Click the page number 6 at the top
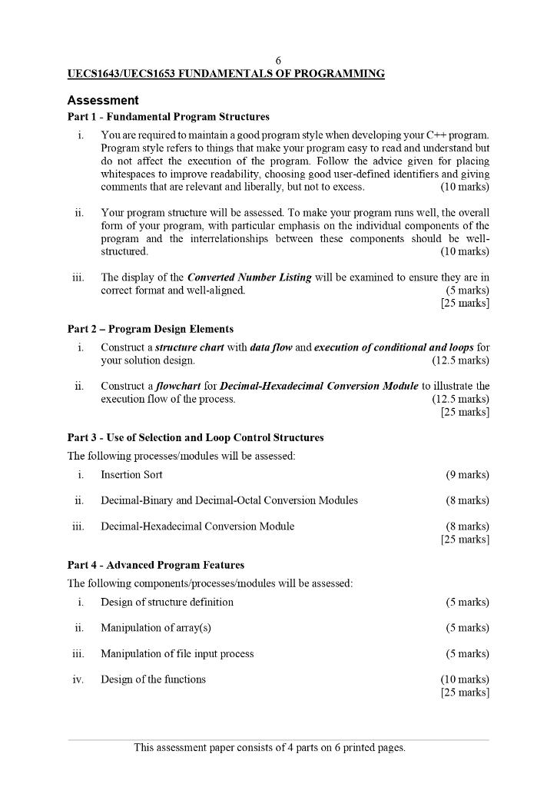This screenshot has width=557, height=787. tap(278, 61)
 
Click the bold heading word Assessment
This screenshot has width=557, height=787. tap(103, 101)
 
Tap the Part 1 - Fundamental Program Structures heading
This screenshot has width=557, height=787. tap(168, 117)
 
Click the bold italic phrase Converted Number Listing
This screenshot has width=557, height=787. tap(249, 277)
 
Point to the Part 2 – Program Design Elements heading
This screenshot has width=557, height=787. tap(151, 329)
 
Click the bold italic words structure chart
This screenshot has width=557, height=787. tap(190, 347)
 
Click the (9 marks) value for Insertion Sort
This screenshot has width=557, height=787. tap(467, 475)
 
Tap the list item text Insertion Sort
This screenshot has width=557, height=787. tap(131, 475)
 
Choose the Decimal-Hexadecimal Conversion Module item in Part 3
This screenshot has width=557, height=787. tap(197, 526)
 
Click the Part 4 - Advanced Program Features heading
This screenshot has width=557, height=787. tap(156, 565)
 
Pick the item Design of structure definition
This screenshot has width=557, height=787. tap(167, 603)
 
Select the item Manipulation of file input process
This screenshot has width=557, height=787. tap(177, 654)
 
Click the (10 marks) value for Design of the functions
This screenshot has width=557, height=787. tap(464, 679)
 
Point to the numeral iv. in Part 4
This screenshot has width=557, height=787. tap(78, 679)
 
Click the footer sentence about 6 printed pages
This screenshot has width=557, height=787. tap(270, 747)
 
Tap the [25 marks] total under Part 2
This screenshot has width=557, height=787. tap(465, 412)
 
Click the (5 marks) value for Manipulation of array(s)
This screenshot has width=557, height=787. tap(467, 629)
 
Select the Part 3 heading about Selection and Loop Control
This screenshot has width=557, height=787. tap(195, 438)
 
